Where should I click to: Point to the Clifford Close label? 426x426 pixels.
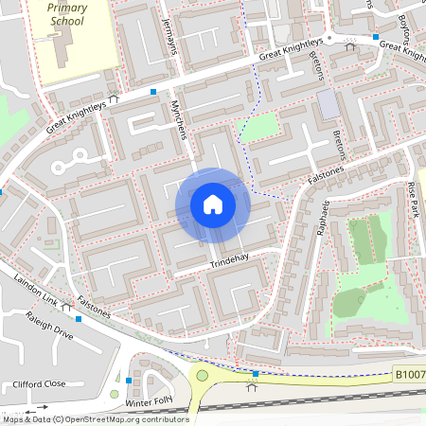click(39, 384)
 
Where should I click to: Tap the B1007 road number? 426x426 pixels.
click(409, 376)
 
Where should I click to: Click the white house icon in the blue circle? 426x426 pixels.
click(213, 204)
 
